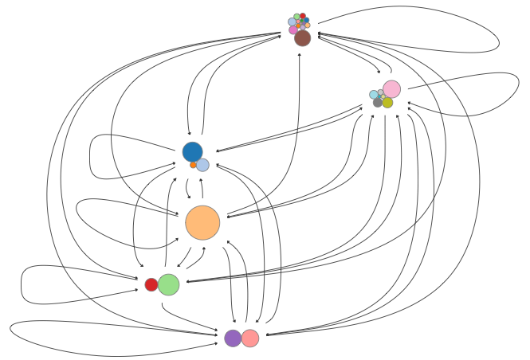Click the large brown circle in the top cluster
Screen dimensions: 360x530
pyautogui.click(x=302, y=37)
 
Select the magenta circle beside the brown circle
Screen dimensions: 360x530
pyautogui.click(x=292, y=30)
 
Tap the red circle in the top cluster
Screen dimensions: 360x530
pyautogui.click(x=303, y=16)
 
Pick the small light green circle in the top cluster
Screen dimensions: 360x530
pyautogui.click(x=296, y=17)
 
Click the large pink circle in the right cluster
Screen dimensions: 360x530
pyautogui.click(x=391, y=89)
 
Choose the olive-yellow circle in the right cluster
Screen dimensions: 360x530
pyautogui.click(x=387, y=103)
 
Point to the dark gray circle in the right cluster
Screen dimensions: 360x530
pyautogui.click(x=378, y=103)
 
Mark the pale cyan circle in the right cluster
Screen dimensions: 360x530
pyautogui.click(x=374, y=95)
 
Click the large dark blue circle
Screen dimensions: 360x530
pyautogui.click(x=192, y=151)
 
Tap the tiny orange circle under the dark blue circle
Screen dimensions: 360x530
pyautogui.click(x=193, y=165)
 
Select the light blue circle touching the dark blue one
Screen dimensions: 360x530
pyautogui.click(x=202, y=165)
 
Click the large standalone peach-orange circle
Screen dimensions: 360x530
pyautogui.click(x=202, y=222)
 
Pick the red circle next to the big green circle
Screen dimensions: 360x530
pyautogui.click(x=151, y=284)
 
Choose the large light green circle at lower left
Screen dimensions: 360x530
pyautogui.click(x=168, y=284)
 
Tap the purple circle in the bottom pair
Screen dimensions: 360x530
pyautogui.click(x=233, y=338)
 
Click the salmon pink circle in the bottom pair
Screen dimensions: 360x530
pyautogui.click(x=250, y=338)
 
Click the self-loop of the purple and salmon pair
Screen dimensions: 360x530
pyautogui.click(x=11, y=328)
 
